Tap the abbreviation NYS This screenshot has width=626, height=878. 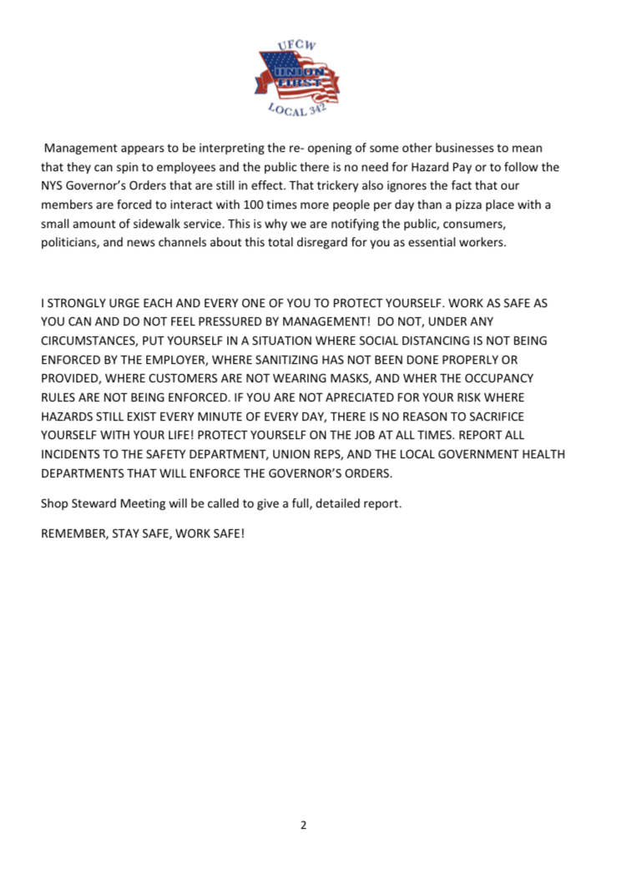54,185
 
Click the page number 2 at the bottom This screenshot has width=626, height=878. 304,825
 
